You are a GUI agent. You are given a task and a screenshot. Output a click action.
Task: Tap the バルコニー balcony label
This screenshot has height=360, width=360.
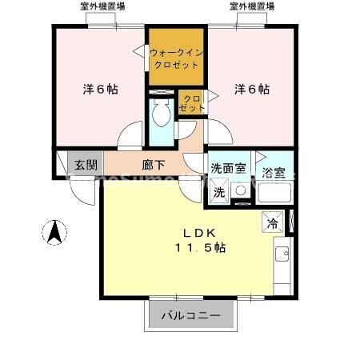tap(191, 315)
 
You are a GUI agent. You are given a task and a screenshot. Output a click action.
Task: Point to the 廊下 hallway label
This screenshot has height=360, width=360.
tap(154, 166)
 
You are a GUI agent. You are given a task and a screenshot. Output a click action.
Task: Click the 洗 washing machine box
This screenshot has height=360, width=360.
tap(218, 192)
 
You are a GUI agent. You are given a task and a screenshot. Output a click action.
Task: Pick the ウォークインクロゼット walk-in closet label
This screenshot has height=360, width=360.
tap(176, 58)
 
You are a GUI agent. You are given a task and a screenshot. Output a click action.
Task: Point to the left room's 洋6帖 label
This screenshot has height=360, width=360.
tap(100, 89)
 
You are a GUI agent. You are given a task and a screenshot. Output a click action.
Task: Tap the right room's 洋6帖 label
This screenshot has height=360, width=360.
tap(251, 89)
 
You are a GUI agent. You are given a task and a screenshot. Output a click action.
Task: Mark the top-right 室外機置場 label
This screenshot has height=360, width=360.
tap(252, 6)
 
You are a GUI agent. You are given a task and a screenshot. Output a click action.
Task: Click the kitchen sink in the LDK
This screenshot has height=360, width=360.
tap(282, 255)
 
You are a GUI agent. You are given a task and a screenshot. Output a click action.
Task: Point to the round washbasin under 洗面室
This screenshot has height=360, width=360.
tap(241, 193)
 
